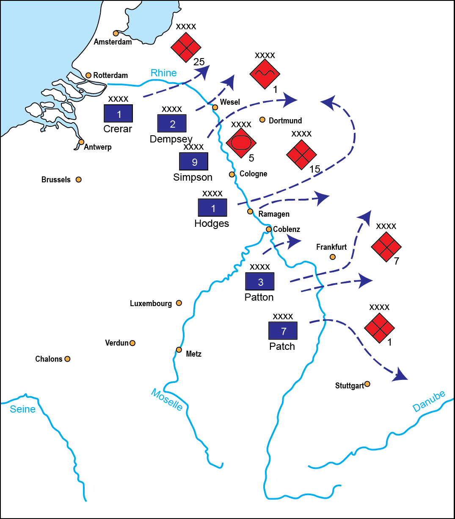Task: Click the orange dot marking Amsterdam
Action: (116, 33)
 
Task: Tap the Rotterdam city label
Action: (110, 75)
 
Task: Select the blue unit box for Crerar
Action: (119, 114)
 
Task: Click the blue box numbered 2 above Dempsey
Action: (172, 124)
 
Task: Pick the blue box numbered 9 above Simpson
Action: (194, 162)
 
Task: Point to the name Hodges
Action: (212, 223)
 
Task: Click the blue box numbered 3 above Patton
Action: (260, 282)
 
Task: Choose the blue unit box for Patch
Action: (283, 331)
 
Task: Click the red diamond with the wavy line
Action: (265, 73)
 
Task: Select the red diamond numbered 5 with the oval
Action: (241, 142)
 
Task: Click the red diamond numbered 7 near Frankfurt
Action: (386, 246)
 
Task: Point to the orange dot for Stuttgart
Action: (367, 384)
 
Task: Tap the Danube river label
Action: (429, 401)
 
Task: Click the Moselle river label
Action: (167, 400)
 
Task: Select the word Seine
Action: (23, 409)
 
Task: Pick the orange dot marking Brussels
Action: (78, 179)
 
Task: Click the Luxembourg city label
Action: (151, 304)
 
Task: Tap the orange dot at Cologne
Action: (232, 174)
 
